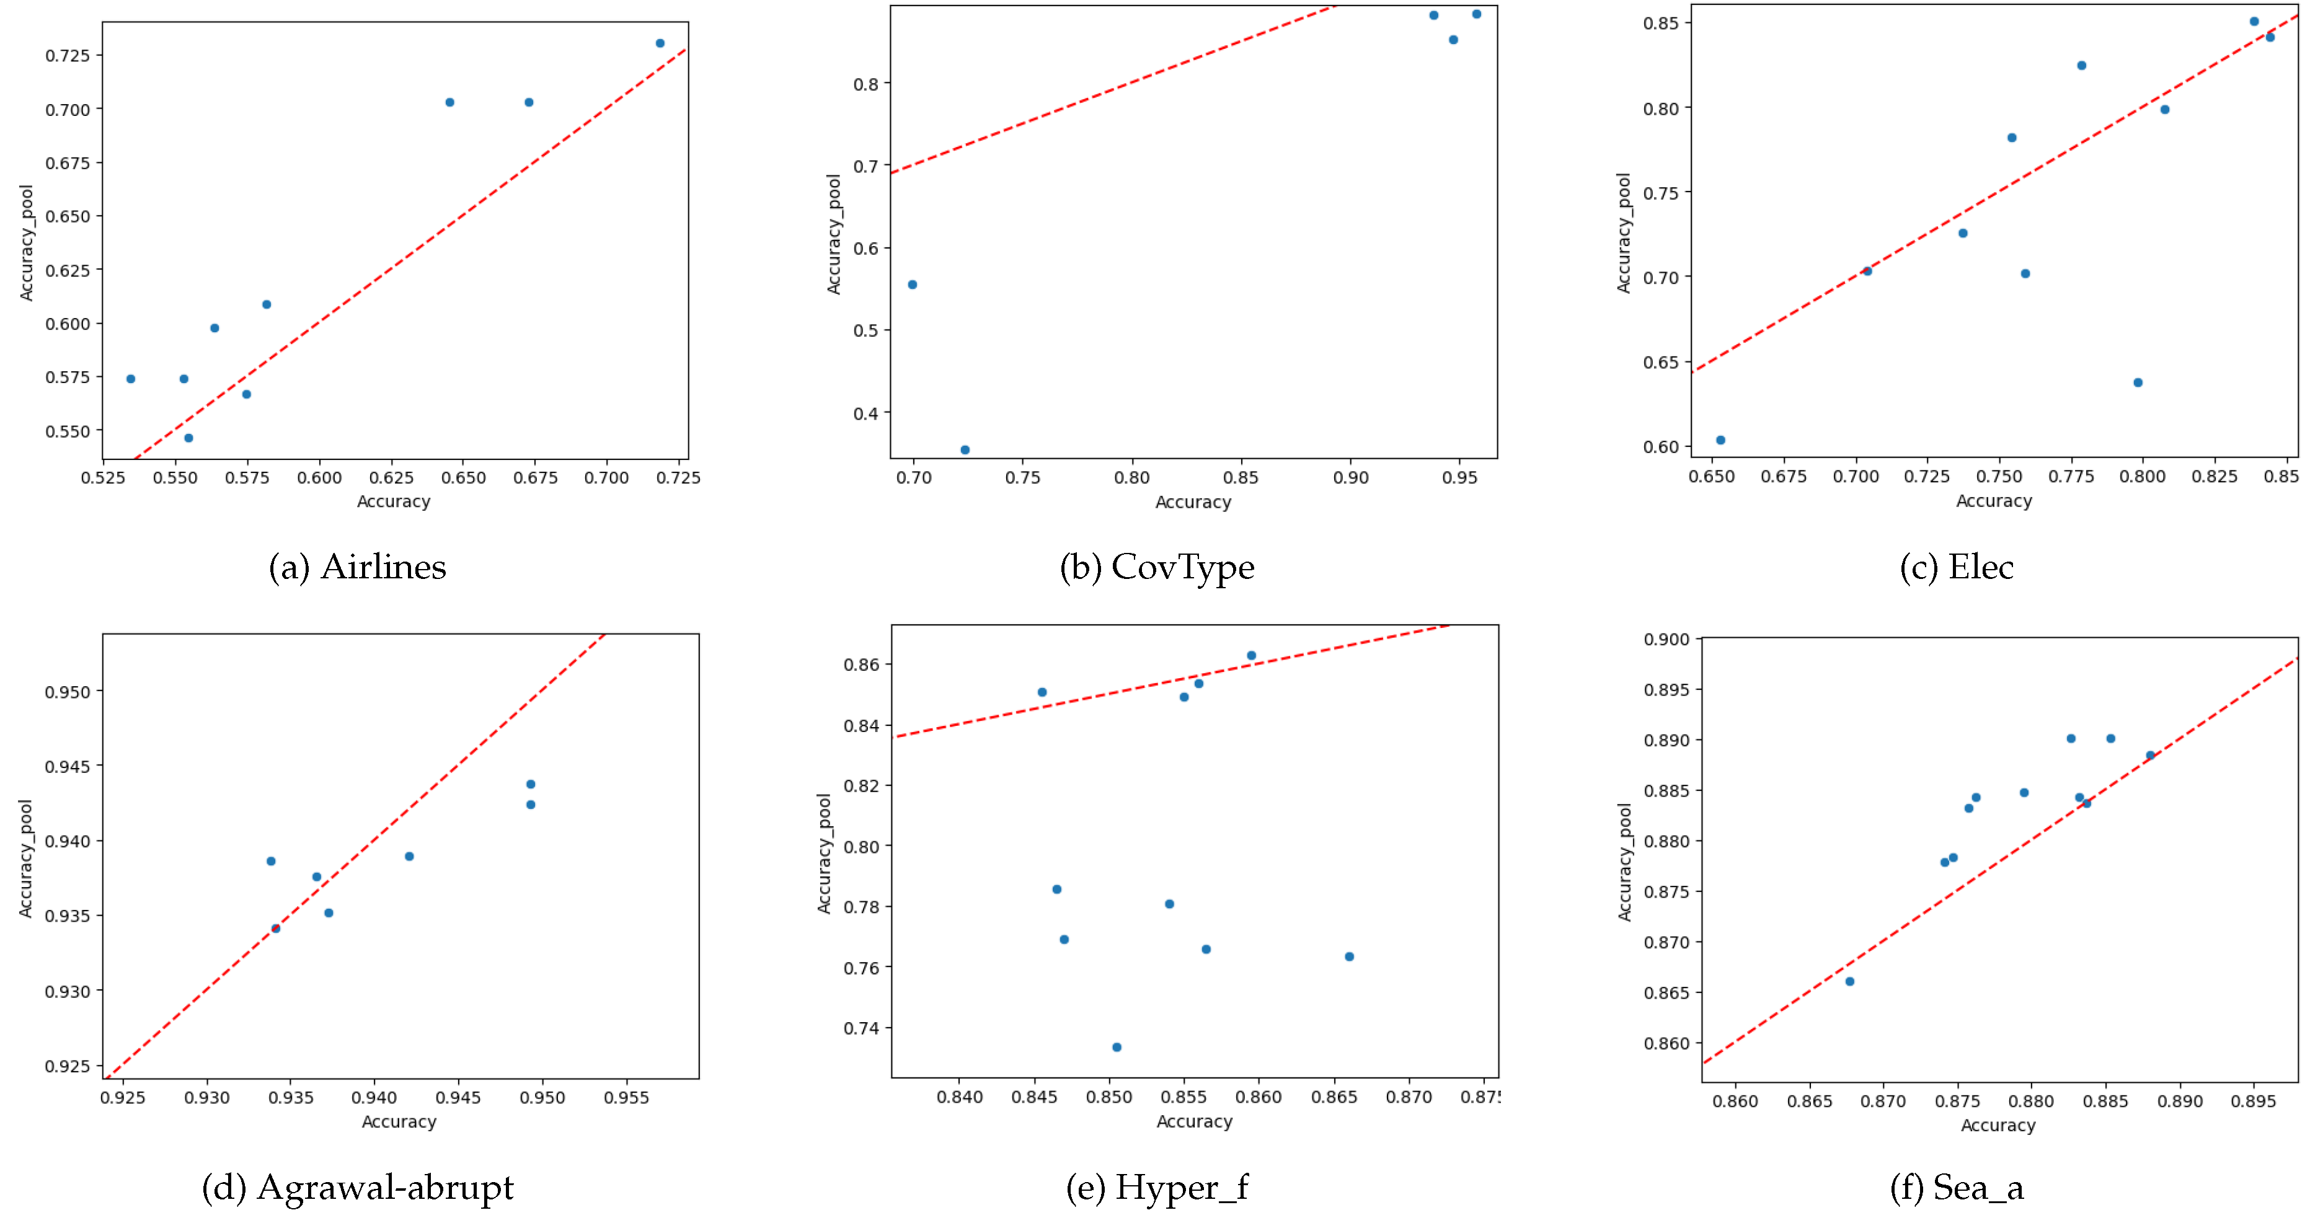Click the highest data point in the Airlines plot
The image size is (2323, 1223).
click(660, 43)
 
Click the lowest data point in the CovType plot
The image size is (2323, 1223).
click(965, 450)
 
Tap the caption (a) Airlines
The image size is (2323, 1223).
click(357, 567)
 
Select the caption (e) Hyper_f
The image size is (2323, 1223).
click(1157, 1187)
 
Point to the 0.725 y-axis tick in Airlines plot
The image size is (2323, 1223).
click(68, 56)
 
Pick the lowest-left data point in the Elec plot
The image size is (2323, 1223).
click(1720, 440)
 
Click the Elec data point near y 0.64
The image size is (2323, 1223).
click(2137, 382)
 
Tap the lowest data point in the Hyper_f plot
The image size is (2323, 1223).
click(1117, 1047)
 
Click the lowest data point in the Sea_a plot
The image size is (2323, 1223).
click(1849, 981)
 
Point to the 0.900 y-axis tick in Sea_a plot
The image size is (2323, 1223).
click(1666, 640)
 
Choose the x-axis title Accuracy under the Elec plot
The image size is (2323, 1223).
click(1994, 501)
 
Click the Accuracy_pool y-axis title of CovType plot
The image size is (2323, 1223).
click(834, 234)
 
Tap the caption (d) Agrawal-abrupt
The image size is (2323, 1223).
click(357, 1187)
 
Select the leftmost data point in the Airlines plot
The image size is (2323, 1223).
click(131, 379)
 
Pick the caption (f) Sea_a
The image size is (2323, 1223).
click(1956, 1187)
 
